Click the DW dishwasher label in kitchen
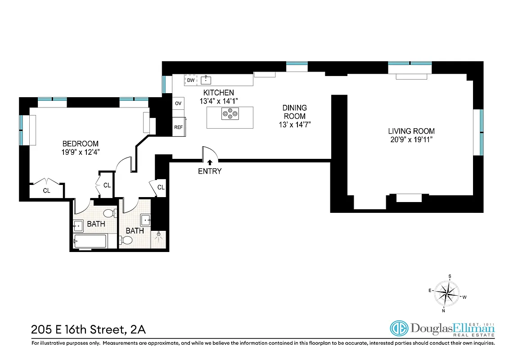pos(191,81)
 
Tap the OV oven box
pos(178,103)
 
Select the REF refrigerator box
pos(178,127)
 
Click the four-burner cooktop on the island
pos(230,114)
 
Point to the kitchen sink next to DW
pos(206,81)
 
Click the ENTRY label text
pos(210,171)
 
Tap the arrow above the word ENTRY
pos(210,162)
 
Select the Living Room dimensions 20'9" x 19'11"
pos(411,139)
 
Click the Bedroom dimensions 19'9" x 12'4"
pos(81,152)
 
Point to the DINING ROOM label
pos(294,112)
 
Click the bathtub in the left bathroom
pos(90,241)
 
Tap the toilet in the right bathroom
pos(126,240)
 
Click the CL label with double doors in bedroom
pos(46,190)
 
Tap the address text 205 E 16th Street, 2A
pos(88,329)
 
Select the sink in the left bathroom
pos(78,225)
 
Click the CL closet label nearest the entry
pos(161,187)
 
